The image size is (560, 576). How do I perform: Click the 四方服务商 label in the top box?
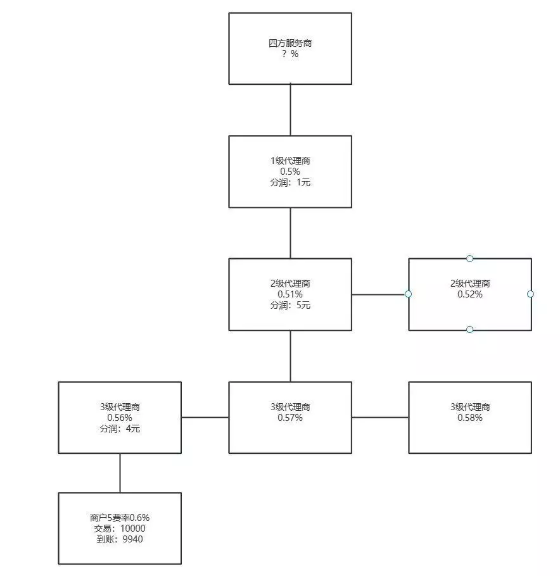[290, 44]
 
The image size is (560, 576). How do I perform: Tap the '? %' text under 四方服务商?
[290, 54]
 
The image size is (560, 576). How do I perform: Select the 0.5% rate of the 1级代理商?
[290, 172]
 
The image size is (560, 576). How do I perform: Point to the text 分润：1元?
[290, 182]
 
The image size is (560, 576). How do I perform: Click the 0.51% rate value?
[290, 294]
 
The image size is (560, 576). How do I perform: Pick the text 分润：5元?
[290, 305]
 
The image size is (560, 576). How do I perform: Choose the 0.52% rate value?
[470, 294]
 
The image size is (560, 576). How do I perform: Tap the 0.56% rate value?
[120, 418]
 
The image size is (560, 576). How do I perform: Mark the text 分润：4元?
[120, 429]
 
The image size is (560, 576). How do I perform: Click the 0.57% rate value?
[290, 418]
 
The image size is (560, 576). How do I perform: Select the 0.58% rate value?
[470, 418]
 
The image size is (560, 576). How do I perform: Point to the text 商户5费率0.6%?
[120, 517]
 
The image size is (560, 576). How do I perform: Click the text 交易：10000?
[120, 528]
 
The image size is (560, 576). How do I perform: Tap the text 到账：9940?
[120, 539]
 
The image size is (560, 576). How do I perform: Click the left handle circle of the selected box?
[409, 294]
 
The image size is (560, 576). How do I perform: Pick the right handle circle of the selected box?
[531, 294]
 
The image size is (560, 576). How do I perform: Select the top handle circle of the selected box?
[469, 258]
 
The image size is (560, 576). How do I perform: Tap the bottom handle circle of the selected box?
[469, 330]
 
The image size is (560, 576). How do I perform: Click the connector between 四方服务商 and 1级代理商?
[290, 110]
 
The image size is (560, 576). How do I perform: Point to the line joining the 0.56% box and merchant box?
[120, 473]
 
